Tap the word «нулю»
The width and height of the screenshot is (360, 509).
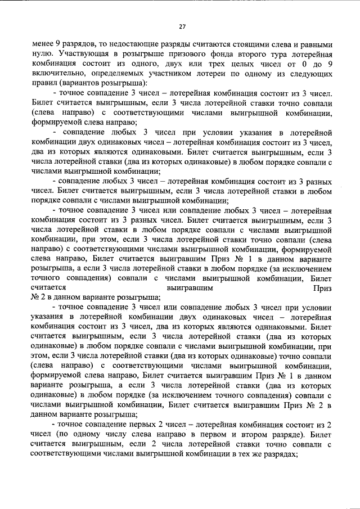42,54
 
